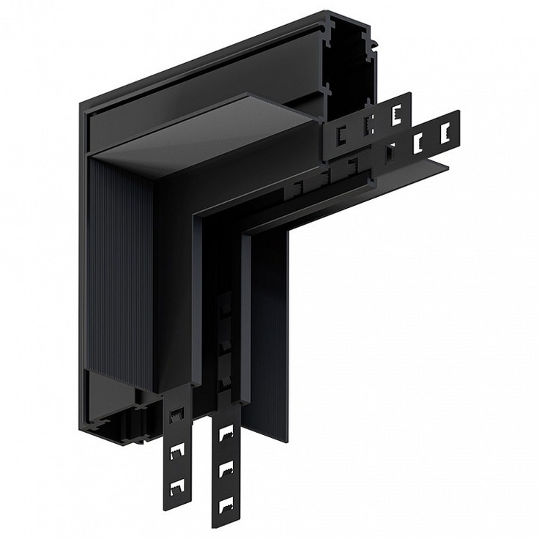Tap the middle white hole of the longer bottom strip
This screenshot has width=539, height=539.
227,469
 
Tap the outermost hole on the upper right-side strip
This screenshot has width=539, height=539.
398,112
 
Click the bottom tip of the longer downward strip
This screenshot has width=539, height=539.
226,525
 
